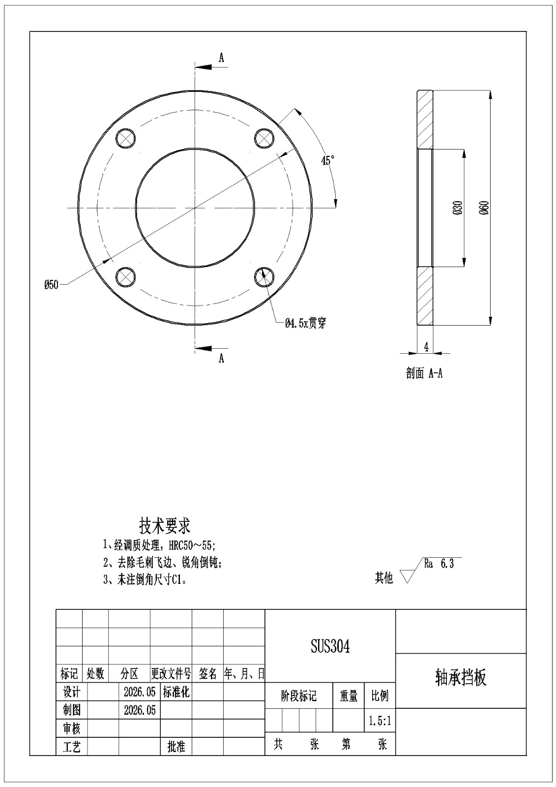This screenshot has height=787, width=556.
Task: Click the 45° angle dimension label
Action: (327, 160)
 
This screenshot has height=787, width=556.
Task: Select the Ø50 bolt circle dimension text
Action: (51, 285)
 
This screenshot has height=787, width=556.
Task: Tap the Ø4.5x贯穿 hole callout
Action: (306, 323)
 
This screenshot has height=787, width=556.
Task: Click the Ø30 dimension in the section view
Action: (458, 208)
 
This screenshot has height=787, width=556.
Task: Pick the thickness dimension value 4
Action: (426, 347)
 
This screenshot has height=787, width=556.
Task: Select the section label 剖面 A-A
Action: (424, 373)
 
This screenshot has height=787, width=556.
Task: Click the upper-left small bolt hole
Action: (125, 138)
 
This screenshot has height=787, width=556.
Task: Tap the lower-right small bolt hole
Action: (264, 277)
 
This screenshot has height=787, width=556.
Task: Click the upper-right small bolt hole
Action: (264, 138)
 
